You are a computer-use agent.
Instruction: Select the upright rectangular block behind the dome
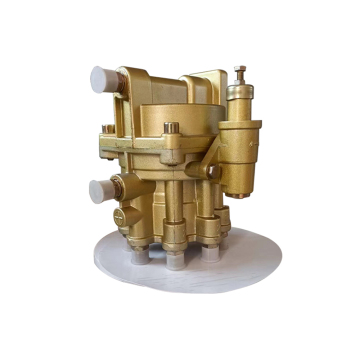point(206,84)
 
